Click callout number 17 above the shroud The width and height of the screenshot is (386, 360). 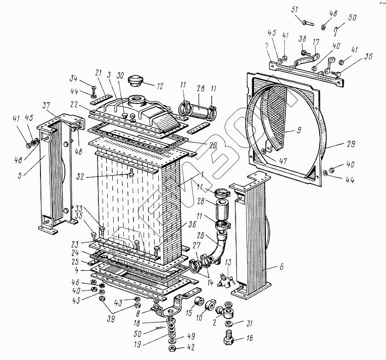click(x=316, y=42)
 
